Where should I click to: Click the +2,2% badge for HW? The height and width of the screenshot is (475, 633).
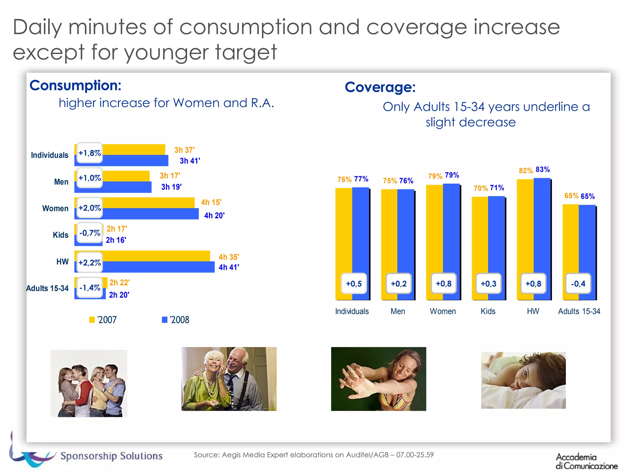[89, 263]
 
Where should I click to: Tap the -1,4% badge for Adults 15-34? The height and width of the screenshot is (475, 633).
[89, 288]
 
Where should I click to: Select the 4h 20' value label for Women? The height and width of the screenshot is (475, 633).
[214, 216]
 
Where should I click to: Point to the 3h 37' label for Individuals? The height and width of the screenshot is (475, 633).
[185, 150]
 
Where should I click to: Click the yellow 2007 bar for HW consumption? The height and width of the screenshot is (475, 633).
[156, 256]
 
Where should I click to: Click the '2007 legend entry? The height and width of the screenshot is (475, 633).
[103, 320]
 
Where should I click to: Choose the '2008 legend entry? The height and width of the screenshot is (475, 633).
[176, 320]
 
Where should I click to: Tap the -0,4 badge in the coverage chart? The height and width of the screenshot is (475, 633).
[578, 284]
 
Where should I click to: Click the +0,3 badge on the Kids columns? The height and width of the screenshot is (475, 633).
[488, 284]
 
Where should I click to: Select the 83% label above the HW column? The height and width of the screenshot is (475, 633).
[543, 169]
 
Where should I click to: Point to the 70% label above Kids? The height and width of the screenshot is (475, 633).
[481, 188]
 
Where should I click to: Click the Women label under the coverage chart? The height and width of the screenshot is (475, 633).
[443, 311]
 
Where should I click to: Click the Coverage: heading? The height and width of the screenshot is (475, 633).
[380, 87]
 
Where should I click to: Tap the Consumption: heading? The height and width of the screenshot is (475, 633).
[75, 85]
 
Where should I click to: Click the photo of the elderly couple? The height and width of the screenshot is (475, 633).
[229, 379]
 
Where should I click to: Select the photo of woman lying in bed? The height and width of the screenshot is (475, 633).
[523, 380]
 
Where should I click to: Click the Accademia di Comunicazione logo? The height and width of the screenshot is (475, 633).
[586, 461]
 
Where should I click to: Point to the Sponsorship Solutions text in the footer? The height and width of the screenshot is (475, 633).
[111, 456]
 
